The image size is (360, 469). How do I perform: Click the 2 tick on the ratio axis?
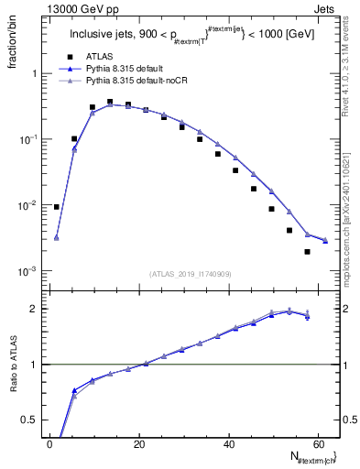point(36,309)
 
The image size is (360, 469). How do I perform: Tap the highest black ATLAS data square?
point(110,102)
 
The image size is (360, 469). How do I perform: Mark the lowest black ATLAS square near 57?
point(308,252)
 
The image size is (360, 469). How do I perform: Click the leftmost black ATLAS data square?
point(57,207)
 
